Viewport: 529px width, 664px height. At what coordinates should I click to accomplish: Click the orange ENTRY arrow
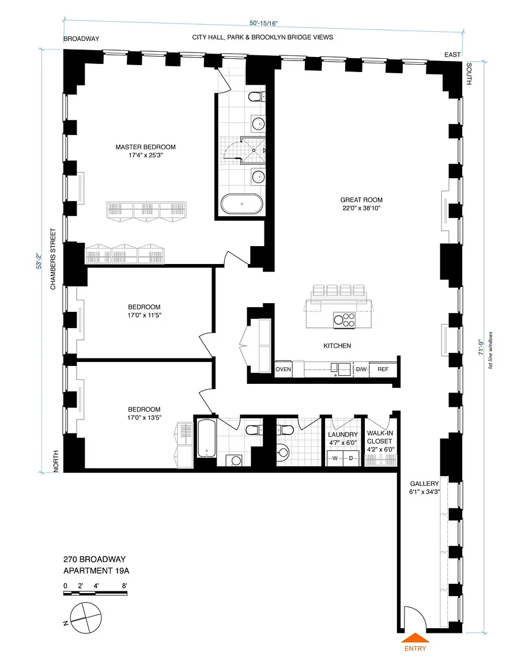pos(415,637)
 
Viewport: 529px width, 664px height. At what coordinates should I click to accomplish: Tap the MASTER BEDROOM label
pos(146,147)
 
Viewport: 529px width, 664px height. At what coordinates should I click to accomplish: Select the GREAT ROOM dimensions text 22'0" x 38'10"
pos(361,208)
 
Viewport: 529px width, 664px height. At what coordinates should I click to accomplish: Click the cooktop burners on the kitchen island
pos(344,320)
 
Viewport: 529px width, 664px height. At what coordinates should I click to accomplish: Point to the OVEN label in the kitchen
pos(283,369)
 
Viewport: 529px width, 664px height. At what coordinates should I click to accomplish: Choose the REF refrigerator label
pos(383,369)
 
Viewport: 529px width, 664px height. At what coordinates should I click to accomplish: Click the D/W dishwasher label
pos(361,369)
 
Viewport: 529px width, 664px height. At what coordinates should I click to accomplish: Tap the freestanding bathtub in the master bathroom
pos(241,204)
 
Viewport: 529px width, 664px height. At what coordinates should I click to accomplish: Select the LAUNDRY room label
pos(343,435)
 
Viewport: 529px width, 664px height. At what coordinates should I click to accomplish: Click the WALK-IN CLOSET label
pos(380,437)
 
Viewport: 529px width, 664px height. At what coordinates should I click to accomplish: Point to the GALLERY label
pos(425,484)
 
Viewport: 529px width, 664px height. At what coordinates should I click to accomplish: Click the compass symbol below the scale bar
pos(86,618)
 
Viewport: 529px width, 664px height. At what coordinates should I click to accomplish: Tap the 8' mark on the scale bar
pos(124,586)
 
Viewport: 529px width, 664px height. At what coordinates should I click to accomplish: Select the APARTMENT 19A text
pos(96,571)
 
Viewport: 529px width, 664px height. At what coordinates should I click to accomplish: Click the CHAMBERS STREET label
pos(53,259)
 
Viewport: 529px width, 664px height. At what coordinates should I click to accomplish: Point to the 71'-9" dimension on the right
pos(481,347)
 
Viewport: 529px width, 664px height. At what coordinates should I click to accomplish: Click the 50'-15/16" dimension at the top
pos(263,23)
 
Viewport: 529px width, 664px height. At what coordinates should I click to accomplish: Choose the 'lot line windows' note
pos(490,350)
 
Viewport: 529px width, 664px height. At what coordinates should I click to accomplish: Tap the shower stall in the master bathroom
pos(253,150)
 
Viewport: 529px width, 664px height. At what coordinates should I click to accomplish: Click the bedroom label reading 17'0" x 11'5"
pos(144,315)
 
